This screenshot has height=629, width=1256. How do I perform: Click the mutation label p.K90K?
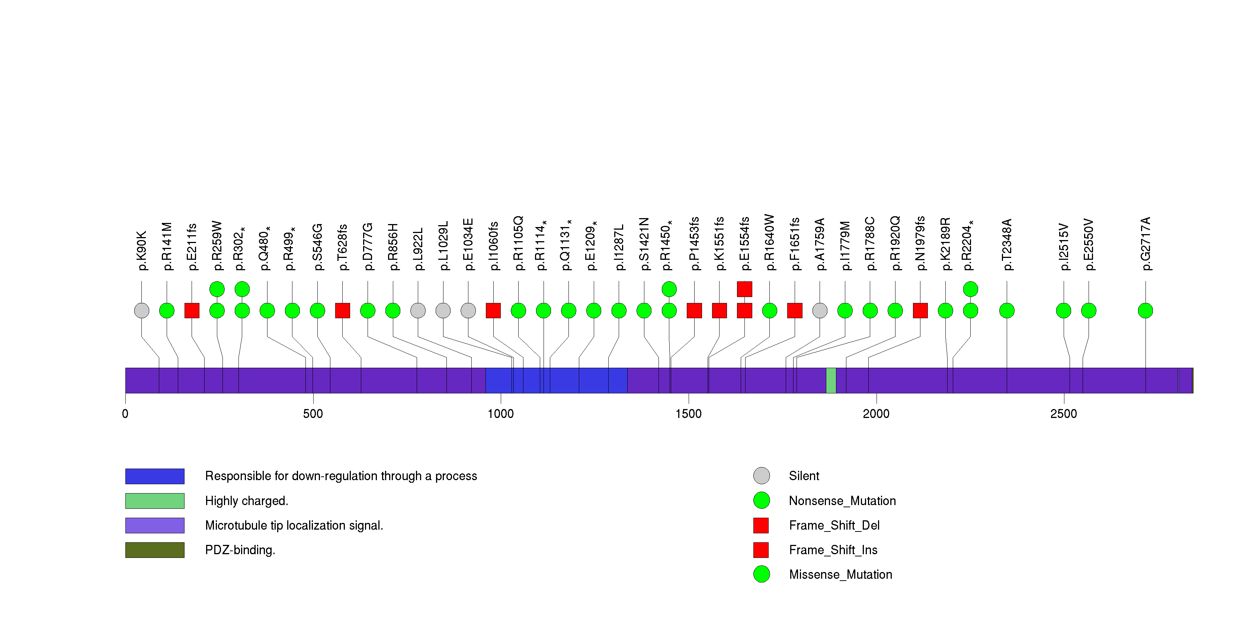click(142, 250)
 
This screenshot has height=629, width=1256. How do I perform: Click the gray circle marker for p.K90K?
click(142, 311)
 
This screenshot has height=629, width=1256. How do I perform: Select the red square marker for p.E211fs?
click(192, 311)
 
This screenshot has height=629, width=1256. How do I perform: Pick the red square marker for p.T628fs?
click(343, 311)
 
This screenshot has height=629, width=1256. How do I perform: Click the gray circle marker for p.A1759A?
click(820, 311)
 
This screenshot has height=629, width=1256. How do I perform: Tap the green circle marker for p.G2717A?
click(1146, 311)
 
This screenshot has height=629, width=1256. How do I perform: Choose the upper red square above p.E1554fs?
click(744, 289)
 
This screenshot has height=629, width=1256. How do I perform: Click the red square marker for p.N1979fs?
click(920, 311)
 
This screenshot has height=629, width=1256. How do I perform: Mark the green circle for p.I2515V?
click(1063, 311)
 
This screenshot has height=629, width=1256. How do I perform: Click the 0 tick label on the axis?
click(125, 414)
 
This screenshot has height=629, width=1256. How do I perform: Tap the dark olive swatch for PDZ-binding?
click(154, 550)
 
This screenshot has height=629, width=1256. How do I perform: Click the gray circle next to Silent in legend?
click(762, 475)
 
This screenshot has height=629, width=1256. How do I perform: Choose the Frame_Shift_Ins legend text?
click(833, 550)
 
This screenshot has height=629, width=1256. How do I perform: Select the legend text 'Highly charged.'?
click(246, 501)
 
